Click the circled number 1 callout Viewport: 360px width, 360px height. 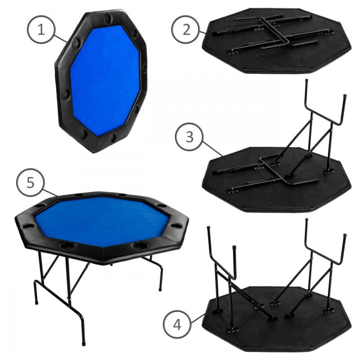41,29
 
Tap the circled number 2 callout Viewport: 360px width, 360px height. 186,29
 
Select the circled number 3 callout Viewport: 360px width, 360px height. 189,137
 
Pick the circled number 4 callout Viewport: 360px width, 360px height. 177,324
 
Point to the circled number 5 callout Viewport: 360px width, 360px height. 30,183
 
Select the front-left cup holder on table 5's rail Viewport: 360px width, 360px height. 67,246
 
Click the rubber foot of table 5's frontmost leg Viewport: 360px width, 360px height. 83,344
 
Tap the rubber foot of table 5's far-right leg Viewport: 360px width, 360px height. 161,289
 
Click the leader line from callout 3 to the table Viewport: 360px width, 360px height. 212,149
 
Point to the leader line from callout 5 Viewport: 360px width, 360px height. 50,193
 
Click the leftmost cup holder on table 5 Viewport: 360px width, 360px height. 28,226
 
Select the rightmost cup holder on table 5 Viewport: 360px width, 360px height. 177,226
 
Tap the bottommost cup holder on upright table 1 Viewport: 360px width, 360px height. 85,134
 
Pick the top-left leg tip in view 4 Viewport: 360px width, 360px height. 208,229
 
